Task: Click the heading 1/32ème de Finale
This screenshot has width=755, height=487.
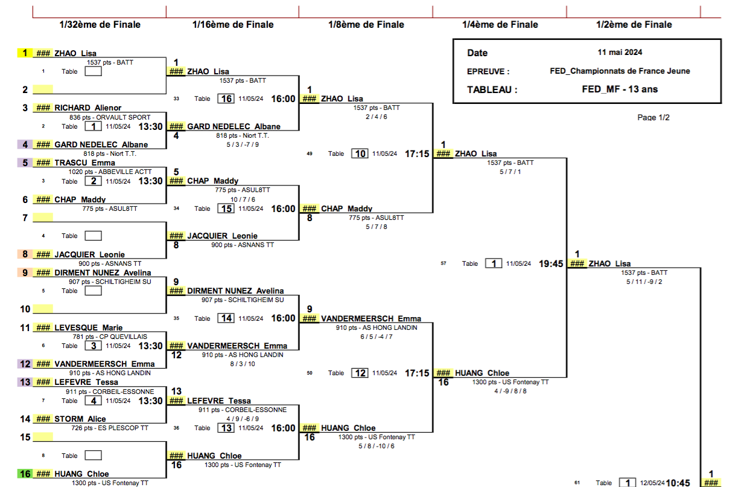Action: [x=100, y=25]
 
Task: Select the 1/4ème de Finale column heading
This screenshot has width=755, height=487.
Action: [x=500, y=25]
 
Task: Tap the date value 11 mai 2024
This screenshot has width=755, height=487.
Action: [x=620, y=53]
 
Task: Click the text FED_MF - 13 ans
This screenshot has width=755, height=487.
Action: [x=620, y=89]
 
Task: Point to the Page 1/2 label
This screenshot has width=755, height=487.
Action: [x=653, y=117]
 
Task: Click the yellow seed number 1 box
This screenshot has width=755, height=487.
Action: [x=25, y=53]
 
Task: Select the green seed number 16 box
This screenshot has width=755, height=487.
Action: [x=25, y=474]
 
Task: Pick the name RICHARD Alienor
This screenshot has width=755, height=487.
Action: [x=88, y=108]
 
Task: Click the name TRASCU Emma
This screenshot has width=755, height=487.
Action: [x=85, y=163]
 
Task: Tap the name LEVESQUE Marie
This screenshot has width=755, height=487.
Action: [x=89, y=327]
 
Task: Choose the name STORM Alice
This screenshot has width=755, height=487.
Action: [x=80, y=419]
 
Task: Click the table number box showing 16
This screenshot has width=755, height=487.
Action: [x=226, y=98]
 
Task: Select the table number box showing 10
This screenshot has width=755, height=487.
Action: [x=360, y=153]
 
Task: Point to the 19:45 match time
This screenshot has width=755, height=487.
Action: [x=551, y=263]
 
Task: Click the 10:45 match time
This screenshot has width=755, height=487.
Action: [x=678, y=483]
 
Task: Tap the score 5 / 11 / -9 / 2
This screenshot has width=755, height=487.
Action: [x=644, y=282]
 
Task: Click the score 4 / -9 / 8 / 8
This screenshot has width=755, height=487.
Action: [x=511, y=391]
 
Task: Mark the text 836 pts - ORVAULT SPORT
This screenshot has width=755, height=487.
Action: [x=110, y=117]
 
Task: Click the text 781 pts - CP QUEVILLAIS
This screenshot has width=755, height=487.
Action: [x=110, y=337]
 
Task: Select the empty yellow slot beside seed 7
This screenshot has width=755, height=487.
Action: [x=43, y=218]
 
